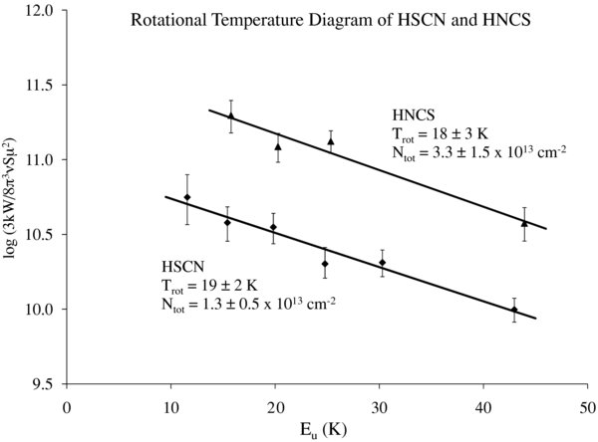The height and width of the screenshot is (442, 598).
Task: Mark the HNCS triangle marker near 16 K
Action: point(231,116)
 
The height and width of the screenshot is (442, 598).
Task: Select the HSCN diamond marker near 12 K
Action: point(187,197)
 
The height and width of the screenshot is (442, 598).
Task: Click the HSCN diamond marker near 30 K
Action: point(383,263)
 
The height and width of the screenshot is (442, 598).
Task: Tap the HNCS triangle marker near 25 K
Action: point(331,141)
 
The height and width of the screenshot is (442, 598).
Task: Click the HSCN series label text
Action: point(183,267)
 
